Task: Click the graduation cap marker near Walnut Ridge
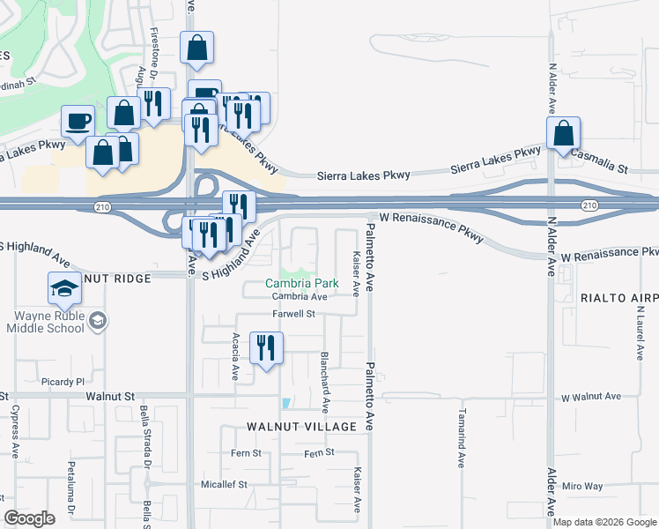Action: click(63, 289)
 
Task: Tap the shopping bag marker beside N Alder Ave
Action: click(563, 134)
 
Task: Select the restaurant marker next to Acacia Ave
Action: click(266, 347)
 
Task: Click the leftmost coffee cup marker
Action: click(77, 122)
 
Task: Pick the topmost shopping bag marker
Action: click(196, 48)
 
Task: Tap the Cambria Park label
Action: click(302, 284)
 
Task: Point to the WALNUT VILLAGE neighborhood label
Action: click(301, 427)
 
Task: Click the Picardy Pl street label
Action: click(62, 383)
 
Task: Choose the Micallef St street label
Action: click(224, 484)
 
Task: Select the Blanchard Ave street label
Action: click(324, 383)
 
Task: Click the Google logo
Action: click(30, 518)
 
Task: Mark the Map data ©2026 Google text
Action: click(603, 522)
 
